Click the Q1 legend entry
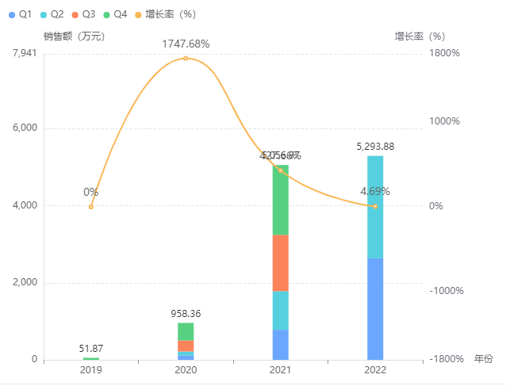[x=20, y=14]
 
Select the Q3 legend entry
[x=82, y=14]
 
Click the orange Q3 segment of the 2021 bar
[x=280, y=263]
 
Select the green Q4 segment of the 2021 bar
[x=280, y=201]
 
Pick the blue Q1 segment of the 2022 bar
[x=375, y=308]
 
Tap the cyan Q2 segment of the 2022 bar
[x=375, y=207]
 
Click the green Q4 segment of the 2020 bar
[x=186, y=331]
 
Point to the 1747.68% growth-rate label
[x=186, y=44]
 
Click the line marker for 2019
[x=91, y=207]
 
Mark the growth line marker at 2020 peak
[x=186, y=58]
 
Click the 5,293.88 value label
[x=375, y=147]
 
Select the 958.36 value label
[x=186, y=314]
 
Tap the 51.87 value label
[x=91, y=349]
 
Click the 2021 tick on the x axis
[x=280, y=371]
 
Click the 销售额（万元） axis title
[x=75, y=36]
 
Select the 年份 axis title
[x=483, y=359]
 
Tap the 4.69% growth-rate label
[x=375, y=191]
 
